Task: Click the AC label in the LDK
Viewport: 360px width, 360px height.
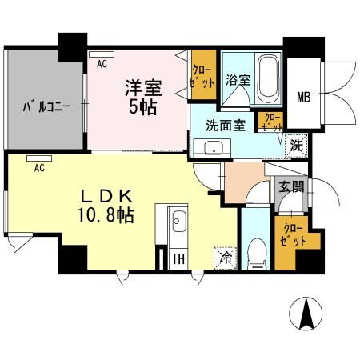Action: (38, 168)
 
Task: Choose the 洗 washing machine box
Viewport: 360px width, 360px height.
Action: (296, 146)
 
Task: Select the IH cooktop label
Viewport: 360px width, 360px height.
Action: (178, 258)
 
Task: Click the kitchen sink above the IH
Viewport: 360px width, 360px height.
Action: (178, 221)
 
